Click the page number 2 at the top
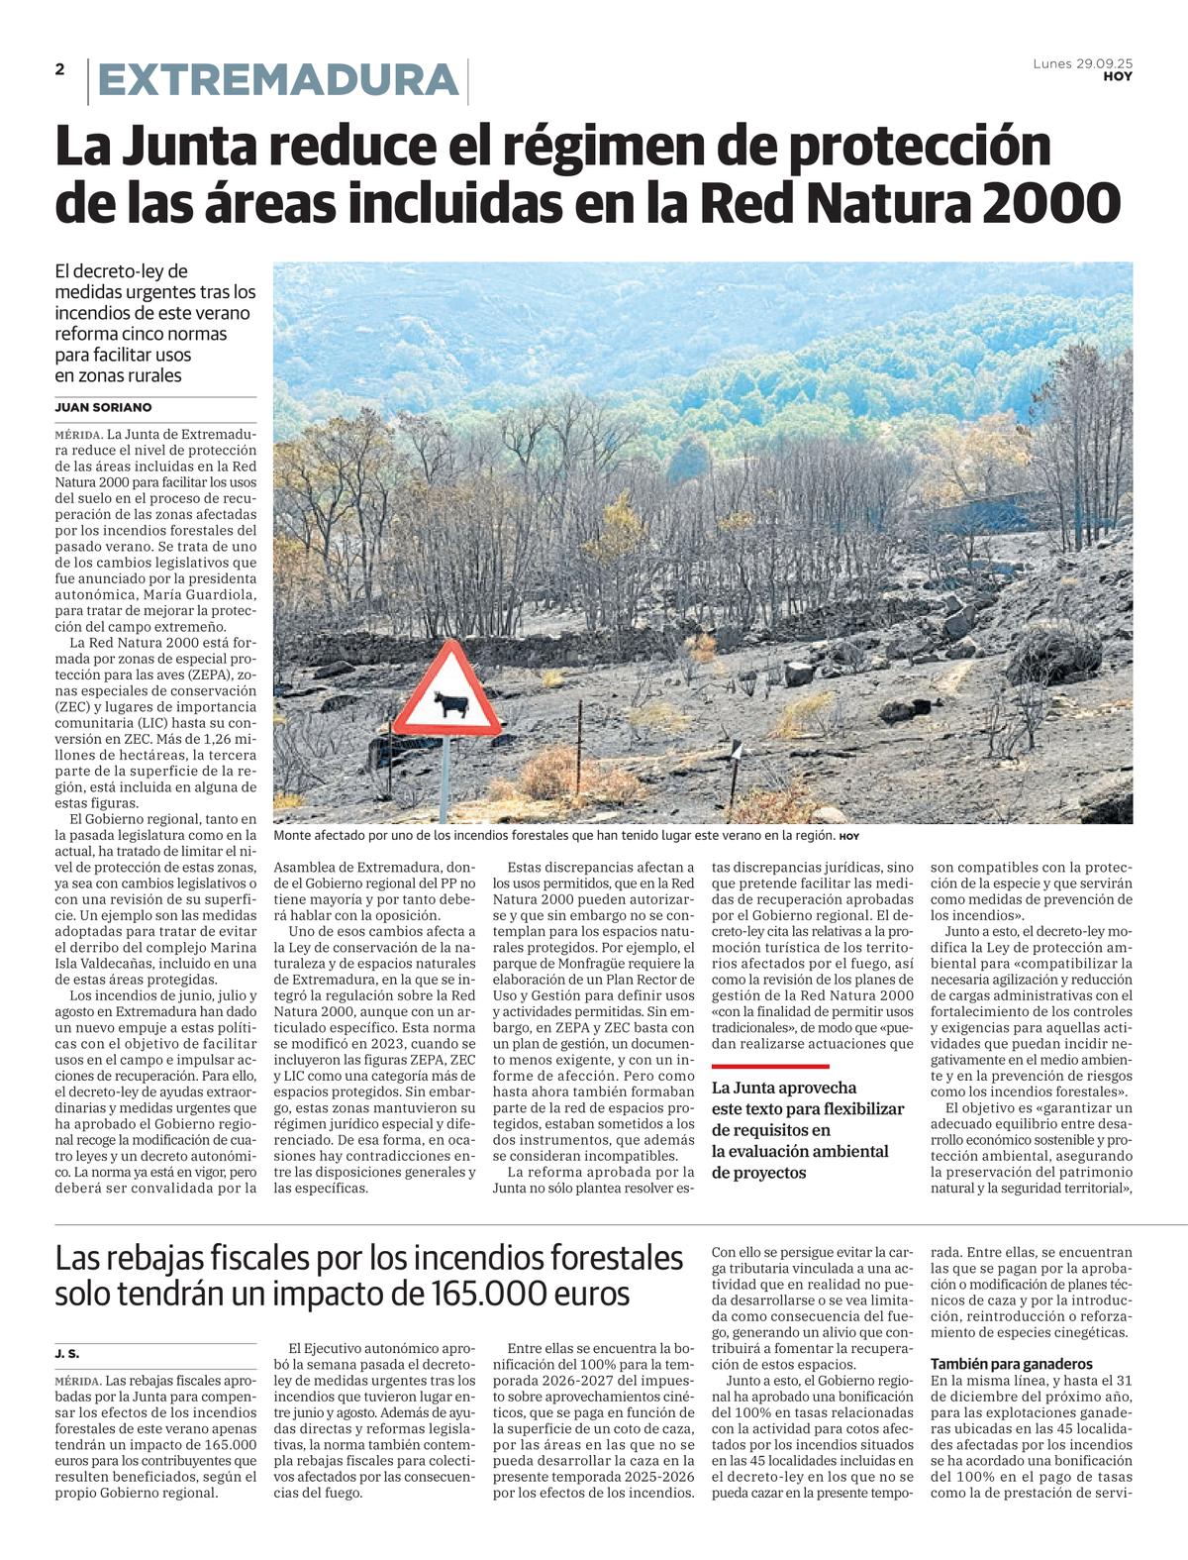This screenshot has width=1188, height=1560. [x=60, y=69]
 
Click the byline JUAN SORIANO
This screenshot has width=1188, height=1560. [x=104, y=407]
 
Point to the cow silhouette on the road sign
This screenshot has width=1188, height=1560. [x=450, y=704]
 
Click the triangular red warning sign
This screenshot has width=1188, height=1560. [x=447, y=693]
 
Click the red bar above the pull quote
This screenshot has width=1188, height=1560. [x=770, y=1066]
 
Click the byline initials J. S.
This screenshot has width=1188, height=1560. [x=66, y=1353]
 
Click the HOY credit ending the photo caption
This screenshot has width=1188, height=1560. [x=849, y=837]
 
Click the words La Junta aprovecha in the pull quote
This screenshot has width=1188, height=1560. [x=784, y=1088]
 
